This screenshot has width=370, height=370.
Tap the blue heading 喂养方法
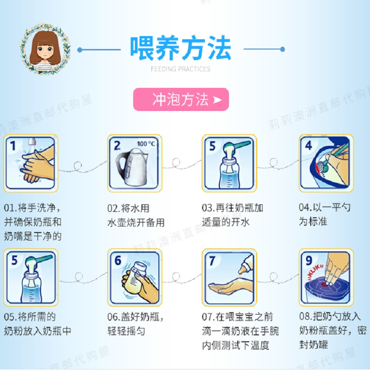click(x=181, y=48)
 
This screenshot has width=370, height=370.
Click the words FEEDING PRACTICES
click(x=180, y=69)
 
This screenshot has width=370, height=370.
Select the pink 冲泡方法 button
click(x=181, y=99)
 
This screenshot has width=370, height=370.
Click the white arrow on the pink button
click(x=217, y=100)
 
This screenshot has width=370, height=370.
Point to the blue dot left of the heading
click(x=80, y=50)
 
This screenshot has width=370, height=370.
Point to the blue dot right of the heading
click(x=283, y=49)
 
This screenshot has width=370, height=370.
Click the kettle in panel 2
click(x=132, y=167)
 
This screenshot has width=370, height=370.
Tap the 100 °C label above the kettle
click(x=146, y=143)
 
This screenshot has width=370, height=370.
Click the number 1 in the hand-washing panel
click(x=13, y=146)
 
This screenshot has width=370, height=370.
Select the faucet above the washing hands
click(x=32, y=143)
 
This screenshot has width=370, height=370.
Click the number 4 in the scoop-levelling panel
click(x=308, y=145)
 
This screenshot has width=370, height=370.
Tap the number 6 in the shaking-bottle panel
click(x=118, y=260)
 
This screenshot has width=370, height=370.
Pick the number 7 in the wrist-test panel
click(x=212, y=261)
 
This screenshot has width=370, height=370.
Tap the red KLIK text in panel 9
click(x=315, y=271)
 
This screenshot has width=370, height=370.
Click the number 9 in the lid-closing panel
click(x=309, y=260)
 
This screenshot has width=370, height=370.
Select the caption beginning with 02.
click(x=136, y=215)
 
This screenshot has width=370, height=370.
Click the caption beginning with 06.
click(x=135, y=324)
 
